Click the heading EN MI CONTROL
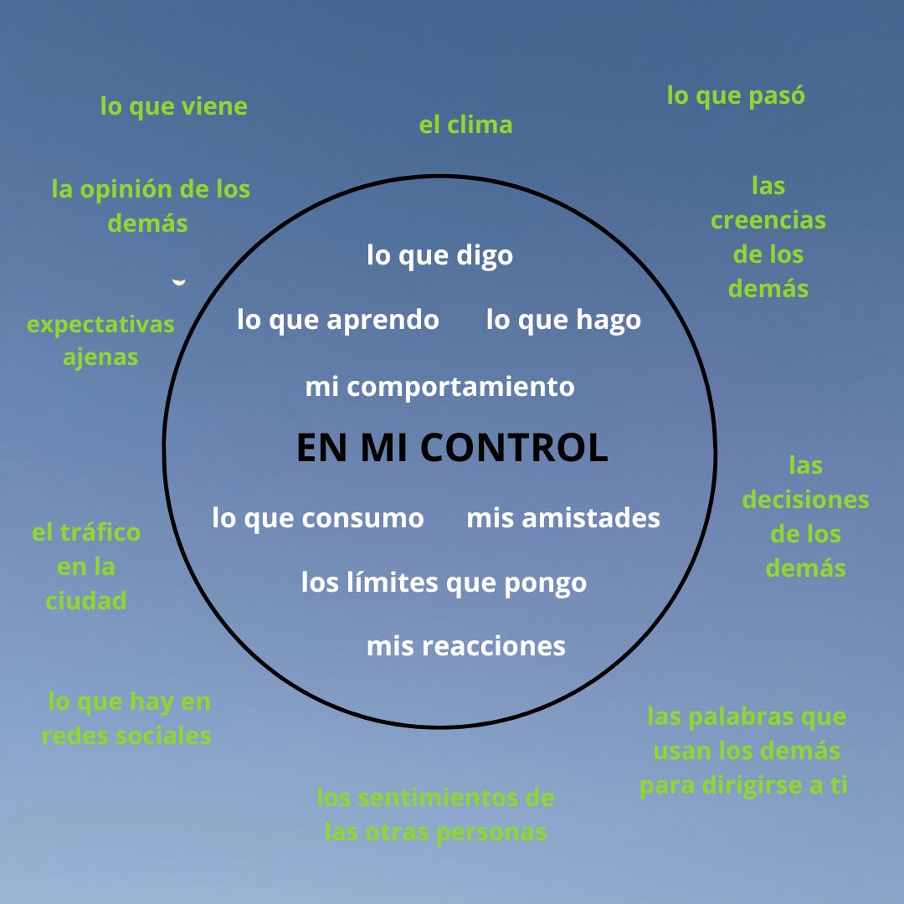tap(452, 448)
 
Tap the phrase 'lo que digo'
tap(440, 255)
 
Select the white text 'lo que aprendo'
tap(338, 320)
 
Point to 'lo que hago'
tap(563, 320)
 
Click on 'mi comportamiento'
tap(440, 387)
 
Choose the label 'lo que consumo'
tap(318, 518)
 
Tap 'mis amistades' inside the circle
tap(563, 518)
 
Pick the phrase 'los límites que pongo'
tap(444, 582)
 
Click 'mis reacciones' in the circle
tap(466, 646)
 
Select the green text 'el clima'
tap(465, 126)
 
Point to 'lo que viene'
tap(174, 107)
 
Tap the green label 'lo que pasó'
tap(736, 95)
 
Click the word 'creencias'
tap(768, 220)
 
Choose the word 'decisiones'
tap(806, 501)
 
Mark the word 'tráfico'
tap(99, 532)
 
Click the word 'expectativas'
tap(100, 324)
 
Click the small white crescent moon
tap(178, 283)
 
